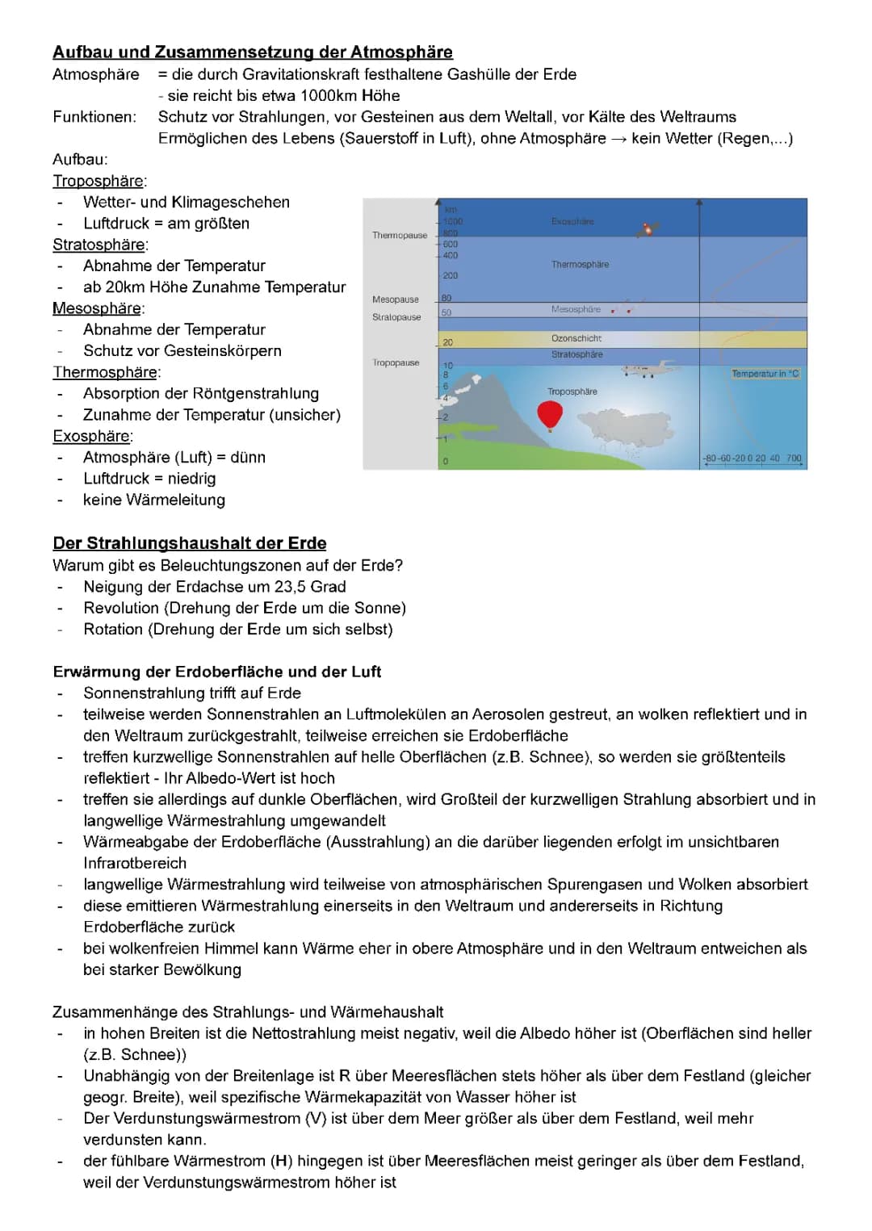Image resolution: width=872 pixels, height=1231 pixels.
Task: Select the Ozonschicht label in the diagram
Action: pyautogui.click(x=576, y=338)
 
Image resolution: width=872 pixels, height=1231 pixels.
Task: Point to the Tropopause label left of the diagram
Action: pyautogui.click(x=396, y=362)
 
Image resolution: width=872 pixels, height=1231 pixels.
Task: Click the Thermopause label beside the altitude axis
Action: pyautogui.click(x=400, y=235)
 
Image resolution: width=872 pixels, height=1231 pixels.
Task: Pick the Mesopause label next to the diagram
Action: pyautogui.click(x=396, y=299)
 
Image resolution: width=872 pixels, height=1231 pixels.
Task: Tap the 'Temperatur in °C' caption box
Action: pyautogui.click(x=765, y=374)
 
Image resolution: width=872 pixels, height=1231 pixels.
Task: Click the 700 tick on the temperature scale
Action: pyautogui.click(x=794, y=458)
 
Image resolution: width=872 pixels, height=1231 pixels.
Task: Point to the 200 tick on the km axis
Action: pyautogui.click(x=450, y=276)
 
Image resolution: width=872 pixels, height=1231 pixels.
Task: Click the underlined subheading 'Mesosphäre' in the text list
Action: pyautogui.click(x=98, y=308)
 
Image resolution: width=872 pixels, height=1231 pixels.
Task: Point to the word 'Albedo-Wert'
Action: pyautogui.click(x=261, y=778)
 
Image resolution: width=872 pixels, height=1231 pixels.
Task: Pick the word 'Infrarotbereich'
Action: pyautogui.click(x=135, y=863)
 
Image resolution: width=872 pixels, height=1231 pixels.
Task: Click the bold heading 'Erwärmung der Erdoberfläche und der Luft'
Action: pyautogui.click(x=217, y=672)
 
